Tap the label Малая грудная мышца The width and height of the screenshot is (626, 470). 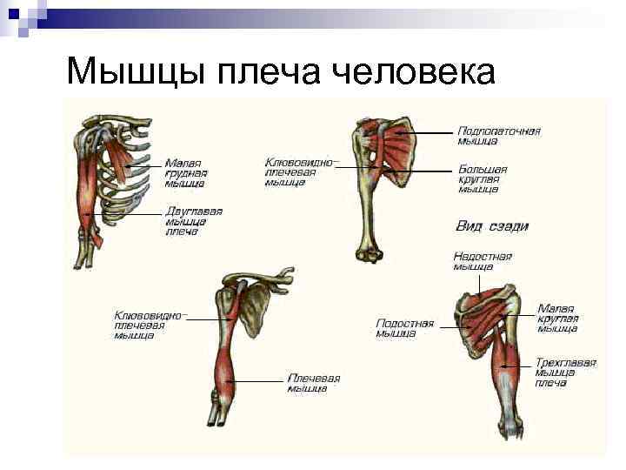click(184, 172)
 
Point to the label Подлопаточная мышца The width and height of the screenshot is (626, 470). click(498, 136)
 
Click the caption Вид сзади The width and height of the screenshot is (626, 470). click(493, 225)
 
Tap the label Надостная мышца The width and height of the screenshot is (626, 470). click(482, 262)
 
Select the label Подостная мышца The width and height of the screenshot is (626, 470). click(404, 327)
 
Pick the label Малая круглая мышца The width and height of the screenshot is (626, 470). click(557, 319)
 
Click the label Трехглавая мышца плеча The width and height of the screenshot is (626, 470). click(565, 372)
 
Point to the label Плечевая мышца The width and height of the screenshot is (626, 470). click(313, 383)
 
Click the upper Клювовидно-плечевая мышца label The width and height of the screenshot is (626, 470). click(299, 171)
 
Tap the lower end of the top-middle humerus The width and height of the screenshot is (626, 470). click(369, 254)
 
